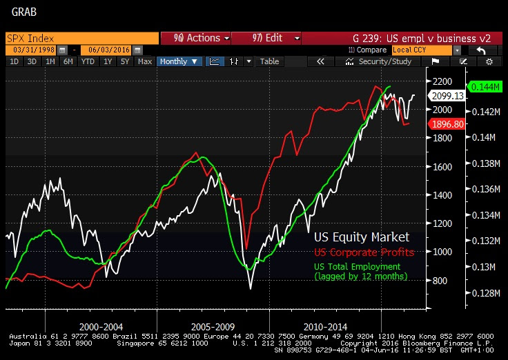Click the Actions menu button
(x=195, y=38)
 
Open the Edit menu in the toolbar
(x=266, y=38)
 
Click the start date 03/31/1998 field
(x=32, y=50)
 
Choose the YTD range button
(x=88, y=61)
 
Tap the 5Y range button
(x=125, y=61)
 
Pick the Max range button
(x=145, y=61)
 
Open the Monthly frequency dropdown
(x=179, y=61)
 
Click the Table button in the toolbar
(x=269, y=61)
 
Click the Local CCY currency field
(x=421, y=50)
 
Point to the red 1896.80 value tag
(x=448, y=124)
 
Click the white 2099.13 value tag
(x=447, y=97)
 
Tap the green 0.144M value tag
(x=487, y=87)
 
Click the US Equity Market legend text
(x=362, y=237)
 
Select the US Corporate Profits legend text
(x=364, y=252)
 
